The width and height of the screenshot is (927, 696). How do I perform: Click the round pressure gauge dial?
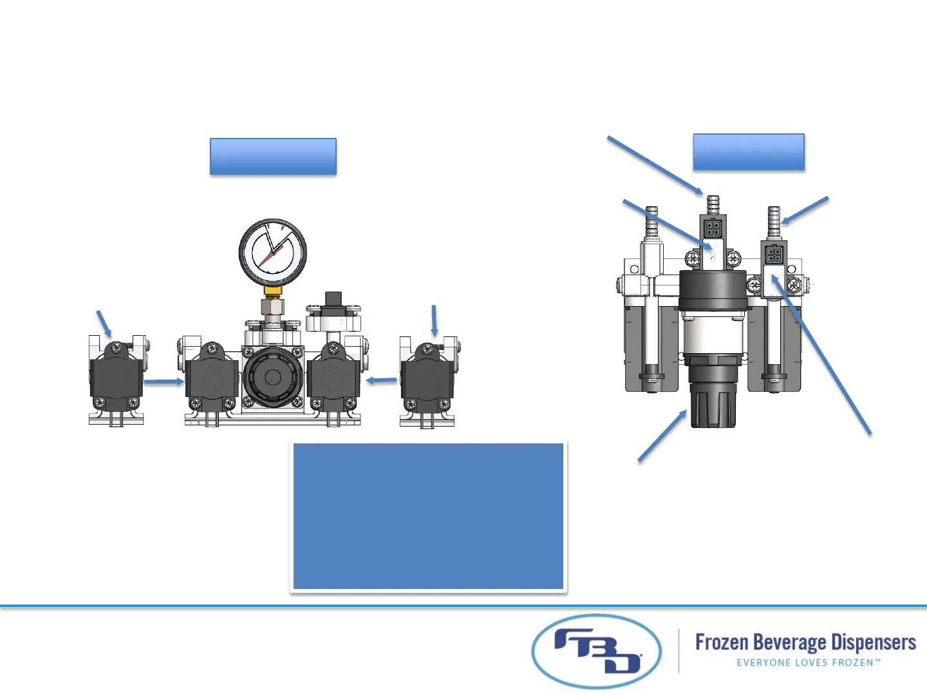[273, 252]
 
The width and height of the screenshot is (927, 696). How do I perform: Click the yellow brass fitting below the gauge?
[273, 291]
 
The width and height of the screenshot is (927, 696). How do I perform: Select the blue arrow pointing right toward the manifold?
[164, 382]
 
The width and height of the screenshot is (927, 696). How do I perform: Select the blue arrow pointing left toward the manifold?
[382, 381]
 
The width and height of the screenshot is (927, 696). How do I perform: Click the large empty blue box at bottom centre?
[429, 516]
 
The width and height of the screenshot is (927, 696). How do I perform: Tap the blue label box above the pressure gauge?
[273, 156]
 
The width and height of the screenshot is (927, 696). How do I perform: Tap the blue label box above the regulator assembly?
[749, 152]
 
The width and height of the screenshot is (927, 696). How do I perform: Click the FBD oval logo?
[597, 652]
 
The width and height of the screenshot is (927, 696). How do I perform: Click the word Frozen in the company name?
[721, 643]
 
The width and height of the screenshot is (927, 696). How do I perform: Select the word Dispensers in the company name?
[873, 643]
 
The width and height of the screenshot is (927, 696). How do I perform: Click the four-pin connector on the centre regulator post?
[713, 227]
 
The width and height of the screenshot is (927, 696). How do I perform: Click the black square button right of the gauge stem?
[333, 300]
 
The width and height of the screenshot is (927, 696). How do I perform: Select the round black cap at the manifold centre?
[272, 378]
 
